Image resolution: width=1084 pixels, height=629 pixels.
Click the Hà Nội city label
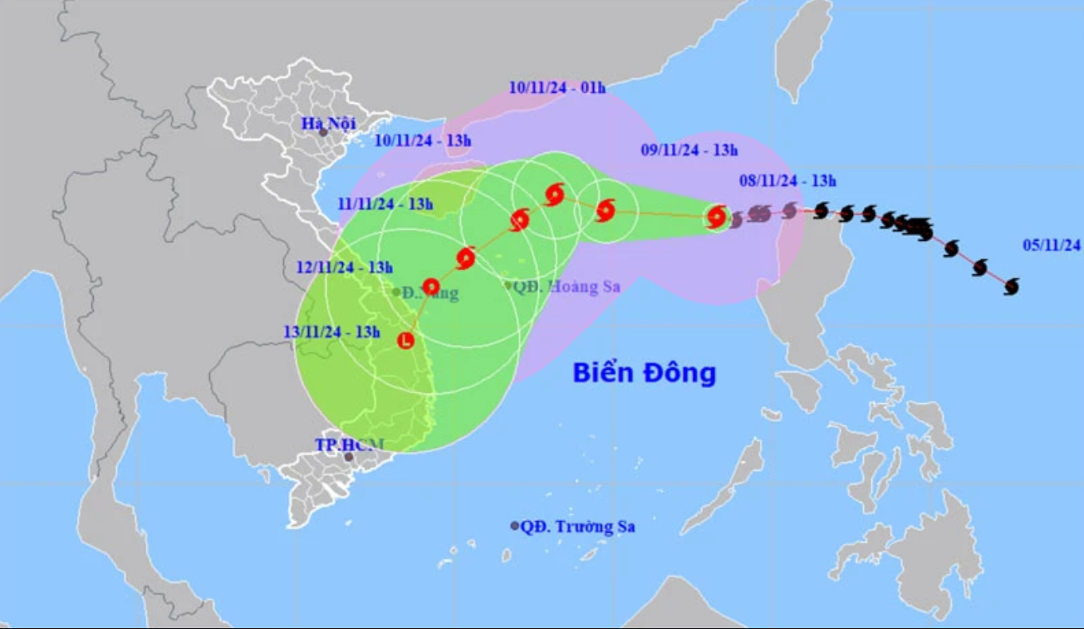point(328,124)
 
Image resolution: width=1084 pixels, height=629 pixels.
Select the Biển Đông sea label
point(644,373)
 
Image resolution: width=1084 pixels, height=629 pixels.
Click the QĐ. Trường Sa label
point(577,526)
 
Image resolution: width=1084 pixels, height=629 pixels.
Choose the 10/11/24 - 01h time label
point(557,87)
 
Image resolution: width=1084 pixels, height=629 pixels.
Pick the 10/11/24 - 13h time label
point(423,140)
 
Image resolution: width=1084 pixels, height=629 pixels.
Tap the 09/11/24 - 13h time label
point(689,150)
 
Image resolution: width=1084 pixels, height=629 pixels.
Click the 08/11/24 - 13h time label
point(787,181)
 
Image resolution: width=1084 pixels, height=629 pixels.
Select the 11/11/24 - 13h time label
point(385,204)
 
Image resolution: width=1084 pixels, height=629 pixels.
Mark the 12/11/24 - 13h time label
point(344,268)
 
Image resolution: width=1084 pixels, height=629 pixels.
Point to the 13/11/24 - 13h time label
point(331,332)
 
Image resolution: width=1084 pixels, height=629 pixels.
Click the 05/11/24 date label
point(1052,244)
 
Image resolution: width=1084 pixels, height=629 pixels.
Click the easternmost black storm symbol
point(1011,287)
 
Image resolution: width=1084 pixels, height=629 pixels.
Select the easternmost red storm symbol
point(716,218)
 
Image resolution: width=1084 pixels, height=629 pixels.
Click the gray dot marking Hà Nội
point(323,132)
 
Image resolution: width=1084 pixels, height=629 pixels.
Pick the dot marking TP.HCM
point(349,457)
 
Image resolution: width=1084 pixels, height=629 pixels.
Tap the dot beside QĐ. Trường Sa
point(514,526)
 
